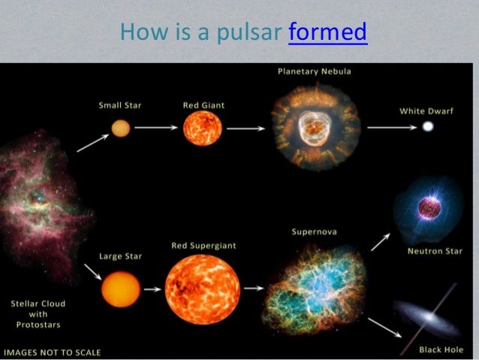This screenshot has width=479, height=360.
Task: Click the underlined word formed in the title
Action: (327, 33)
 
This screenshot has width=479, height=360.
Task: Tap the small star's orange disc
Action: (121, 128)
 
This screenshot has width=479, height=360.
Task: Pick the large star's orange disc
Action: (121, 289)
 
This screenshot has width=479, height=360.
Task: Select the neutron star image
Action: (424, 207)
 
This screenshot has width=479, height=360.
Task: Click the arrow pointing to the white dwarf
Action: (392, 128)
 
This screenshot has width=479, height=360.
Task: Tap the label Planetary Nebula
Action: (314, 71)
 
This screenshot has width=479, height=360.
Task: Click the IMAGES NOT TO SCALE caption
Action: (52, 352)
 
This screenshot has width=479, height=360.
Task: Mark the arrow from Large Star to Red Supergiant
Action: (152, 289)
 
